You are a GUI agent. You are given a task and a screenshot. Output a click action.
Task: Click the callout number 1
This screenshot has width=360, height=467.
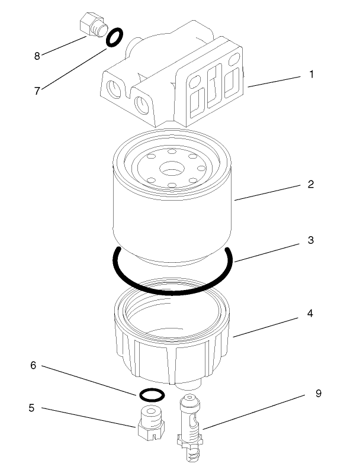pyautogui.click(x=311, y=75)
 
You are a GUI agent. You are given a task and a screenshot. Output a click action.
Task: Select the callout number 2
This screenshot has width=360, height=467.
pyautogui.click(x=311, y=184)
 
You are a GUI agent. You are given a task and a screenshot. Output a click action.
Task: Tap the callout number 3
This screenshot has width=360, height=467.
pyautogui.click(x=311, y=241)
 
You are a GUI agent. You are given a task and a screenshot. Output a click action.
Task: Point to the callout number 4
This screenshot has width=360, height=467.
pyautogui.click(x=311, y=313)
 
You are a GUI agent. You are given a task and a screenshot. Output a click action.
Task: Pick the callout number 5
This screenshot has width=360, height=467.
pyautogui.click(x=33, y=408)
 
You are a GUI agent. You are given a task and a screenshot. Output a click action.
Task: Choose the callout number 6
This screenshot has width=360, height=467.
pyautogui.click(x=33, y=366)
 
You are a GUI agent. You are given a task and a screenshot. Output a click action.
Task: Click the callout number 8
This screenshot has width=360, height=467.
pyautogui.click(x=37, y=56)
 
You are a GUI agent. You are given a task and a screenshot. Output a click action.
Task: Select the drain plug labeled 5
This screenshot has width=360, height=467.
pyautogui.click(x=150, y=421)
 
